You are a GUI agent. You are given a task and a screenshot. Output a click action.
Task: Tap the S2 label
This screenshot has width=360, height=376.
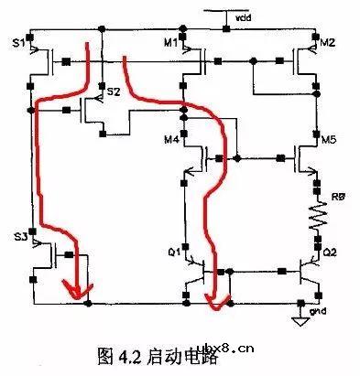pyautogui.click(x=113, y=92)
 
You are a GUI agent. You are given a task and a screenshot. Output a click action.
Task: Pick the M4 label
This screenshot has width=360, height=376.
pyautogui.click(x=170, y=140)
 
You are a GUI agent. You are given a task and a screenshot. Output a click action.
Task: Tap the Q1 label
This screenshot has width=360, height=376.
pyautogui.click(x=170, y=249)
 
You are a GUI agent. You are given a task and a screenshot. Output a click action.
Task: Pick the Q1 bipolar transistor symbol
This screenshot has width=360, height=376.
pyautogui.click(x=194, y=273)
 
